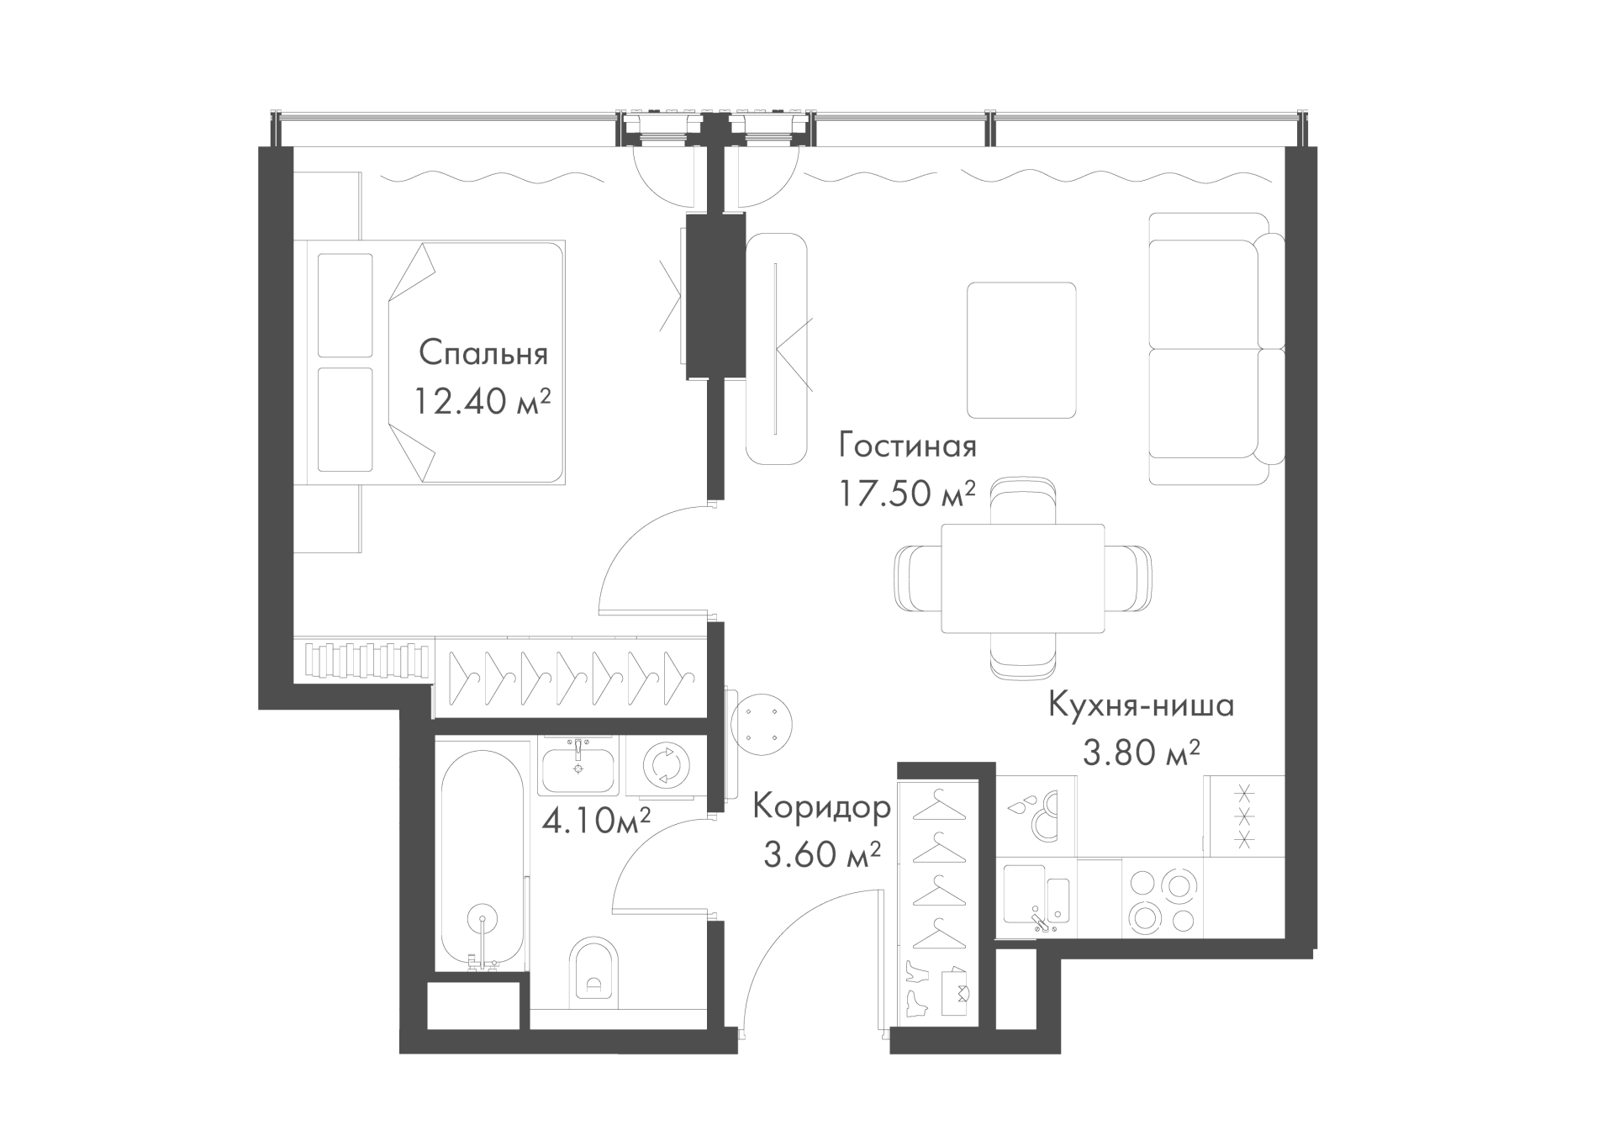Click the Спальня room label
483,354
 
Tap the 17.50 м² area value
907,494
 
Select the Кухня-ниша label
1141,705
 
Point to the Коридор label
821,807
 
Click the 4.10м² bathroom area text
597,818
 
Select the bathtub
483,858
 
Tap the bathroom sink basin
578,770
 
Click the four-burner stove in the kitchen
1163,901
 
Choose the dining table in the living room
1022,578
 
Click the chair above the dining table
1022,499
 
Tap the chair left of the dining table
918,578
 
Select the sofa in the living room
1216,348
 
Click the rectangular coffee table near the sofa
1021,350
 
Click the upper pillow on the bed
345,305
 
